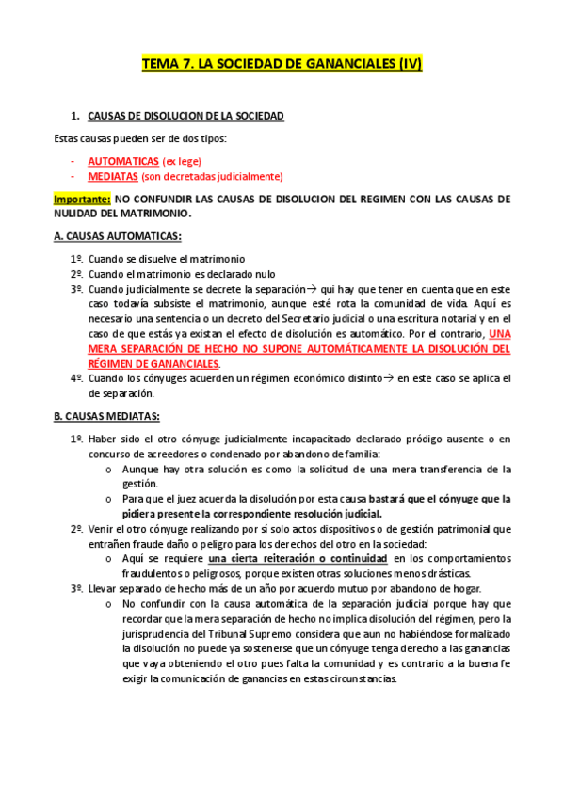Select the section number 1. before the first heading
75,116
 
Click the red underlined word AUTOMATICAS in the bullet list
122,161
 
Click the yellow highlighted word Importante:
82,199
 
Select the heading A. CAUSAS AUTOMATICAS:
117,235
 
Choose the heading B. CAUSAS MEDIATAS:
106,416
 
